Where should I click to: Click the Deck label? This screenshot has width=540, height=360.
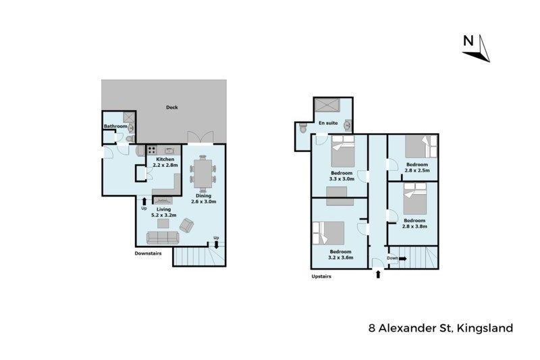172,107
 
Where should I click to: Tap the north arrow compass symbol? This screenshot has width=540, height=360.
477,48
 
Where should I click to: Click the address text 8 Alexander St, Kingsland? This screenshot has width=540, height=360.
441,328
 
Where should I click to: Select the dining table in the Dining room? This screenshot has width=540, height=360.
203,174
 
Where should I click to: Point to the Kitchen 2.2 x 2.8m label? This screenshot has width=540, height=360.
165,162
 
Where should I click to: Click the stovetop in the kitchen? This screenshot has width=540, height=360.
151,150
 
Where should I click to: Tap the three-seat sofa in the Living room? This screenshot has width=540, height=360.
163,237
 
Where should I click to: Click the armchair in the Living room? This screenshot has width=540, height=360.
186,226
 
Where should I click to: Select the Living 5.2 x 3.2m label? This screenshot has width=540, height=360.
164,212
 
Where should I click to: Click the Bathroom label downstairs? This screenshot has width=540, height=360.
115,126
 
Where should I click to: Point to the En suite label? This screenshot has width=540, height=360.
328,123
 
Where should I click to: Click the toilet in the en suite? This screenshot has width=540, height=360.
302,128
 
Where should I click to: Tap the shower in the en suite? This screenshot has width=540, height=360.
327,105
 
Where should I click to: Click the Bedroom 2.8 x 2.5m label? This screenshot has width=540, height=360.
417,167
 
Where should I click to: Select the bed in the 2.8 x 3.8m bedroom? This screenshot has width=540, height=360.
415,199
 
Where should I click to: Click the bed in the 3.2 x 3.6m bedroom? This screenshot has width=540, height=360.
329,233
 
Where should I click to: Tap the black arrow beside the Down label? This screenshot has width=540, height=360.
402,258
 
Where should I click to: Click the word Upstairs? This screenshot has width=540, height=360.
321,276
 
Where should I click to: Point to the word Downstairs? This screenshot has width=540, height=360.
148,253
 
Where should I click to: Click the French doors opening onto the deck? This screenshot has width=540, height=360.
200,138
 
